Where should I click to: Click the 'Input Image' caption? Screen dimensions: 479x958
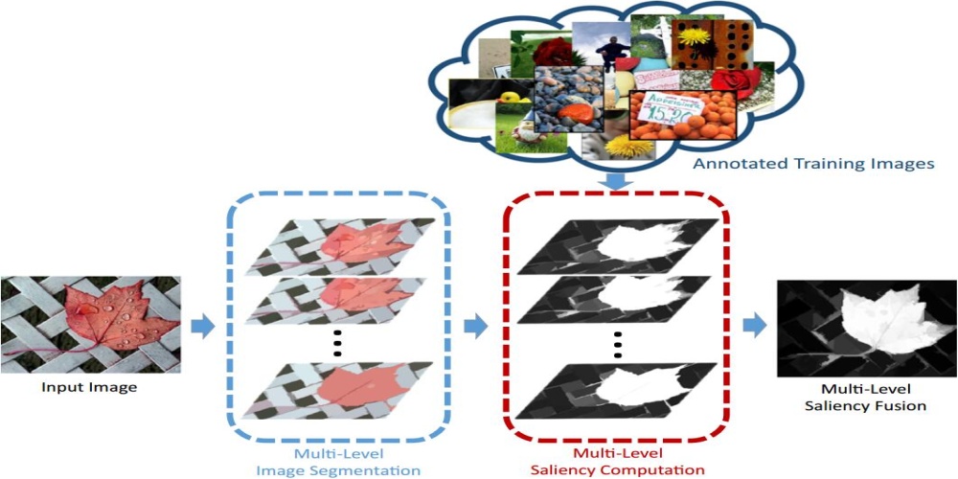tap(90, 387)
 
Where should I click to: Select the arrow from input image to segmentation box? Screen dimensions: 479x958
tap(202, 327)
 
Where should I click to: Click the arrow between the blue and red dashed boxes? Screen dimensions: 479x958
tap(475, 327)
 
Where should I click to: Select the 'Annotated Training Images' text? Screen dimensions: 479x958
tap(813, 164)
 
